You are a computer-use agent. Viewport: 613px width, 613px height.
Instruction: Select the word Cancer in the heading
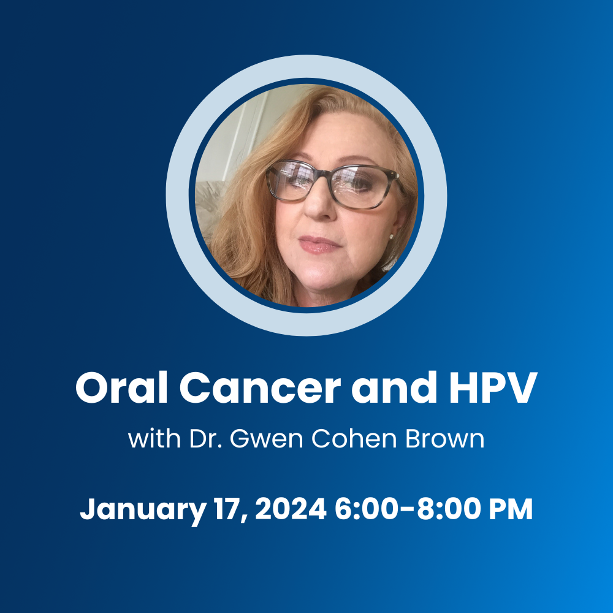point(260,388)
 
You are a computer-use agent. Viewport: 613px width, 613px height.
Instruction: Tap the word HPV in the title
point(493,387)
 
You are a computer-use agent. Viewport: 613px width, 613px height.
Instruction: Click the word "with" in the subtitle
point(154,438)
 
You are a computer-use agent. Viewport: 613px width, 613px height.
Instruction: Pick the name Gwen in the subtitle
point(266,439)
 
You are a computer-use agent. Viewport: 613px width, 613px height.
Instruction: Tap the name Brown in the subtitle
point(445,439)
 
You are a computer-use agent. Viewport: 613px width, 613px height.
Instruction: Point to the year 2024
point(291,508)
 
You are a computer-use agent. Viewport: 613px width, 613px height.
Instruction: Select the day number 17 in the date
point(231,509)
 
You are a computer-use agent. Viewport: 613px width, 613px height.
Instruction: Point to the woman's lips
point(319,244)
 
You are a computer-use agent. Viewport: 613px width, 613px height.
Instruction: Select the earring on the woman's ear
point(390,236)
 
